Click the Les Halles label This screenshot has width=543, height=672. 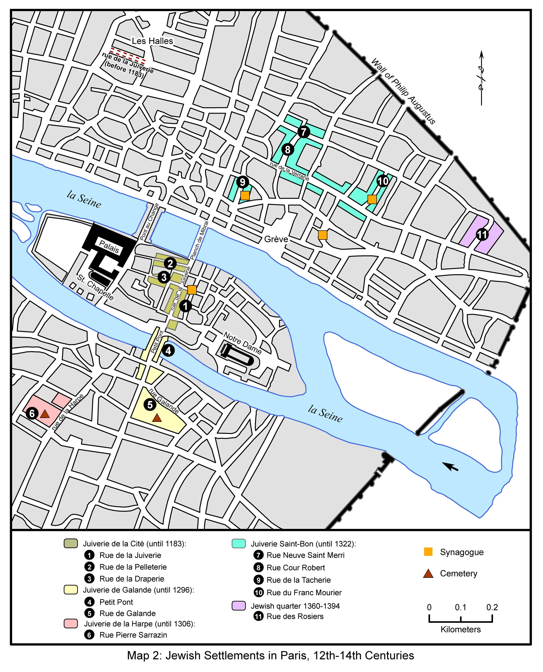click(152, 41)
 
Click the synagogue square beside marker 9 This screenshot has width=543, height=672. click(245, 195)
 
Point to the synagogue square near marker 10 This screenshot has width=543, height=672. click(372, 199)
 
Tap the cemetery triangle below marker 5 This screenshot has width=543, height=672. click(157, 418)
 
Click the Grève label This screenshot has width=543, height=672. click(276, 239)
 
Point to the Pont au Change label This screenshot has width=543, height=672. click(149, 222)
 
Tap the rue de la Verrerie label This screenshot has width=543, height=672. click(289, 171)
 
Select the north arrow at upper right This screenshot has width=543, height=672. click(481, 78)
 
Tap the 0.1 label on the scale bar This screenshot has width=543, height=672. click(460, 607)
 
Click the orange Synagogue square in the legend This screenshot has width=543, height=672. click(428, 552)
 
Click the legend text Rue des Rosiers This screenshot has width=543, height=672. click(295, 616)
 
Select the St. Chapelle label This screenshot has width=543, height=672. click(95, 287)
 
